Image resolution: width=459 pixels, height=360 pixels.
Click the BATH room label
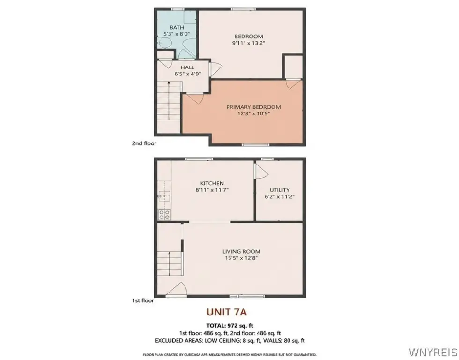177,28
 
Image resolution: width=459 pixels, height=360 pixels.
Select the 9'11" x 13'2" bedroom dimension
249,43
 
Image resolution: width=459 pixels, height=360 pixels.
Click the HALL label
187,67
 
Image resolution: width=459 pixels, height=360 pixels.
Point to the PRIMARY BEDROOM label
253,107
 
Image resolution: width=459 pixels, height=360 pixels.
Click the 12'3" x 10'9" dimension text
253,113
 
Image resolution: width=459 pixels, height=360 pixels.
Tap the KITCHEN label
212,183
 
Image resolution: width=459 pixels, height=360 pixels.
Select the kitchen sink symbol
164,195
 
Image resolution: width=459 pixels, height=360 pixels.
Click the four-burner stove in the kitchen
164,215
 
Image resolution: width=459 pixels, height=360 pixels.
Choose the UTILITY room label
280,190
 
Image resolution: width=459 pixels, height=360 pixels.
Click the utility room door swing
261,171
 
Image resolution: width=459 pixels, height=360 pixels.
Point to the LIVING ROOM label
241,251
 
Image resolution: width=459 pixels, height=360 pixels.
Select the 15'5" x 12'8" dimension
241,258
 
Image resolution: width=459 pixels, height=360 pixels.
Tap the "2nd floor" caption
144,143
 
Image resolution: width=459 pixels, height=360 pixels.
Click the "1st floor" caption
143,300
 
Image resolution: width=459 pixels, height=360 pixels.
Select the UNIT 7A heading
227,312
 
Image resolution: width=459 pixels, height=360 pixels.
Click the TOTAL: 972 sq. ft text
230,325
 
